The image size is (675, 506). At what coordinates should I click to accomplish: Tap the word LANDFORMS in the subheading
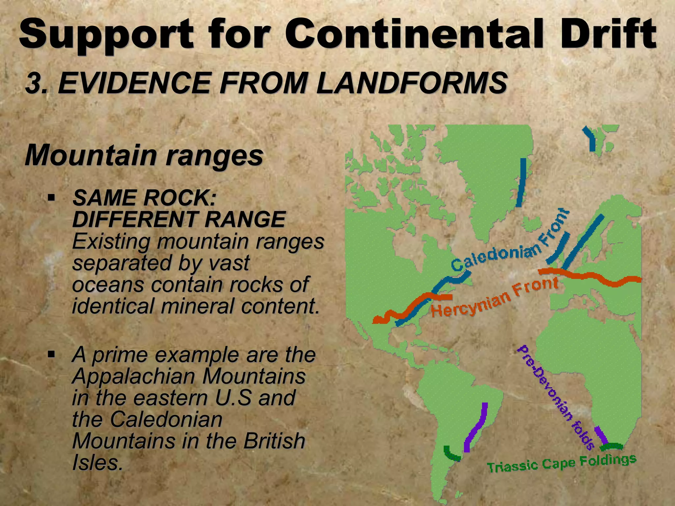click(412, 83)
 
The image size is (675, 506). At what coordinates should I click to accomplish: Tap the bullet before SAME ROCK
click(51, 198)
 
